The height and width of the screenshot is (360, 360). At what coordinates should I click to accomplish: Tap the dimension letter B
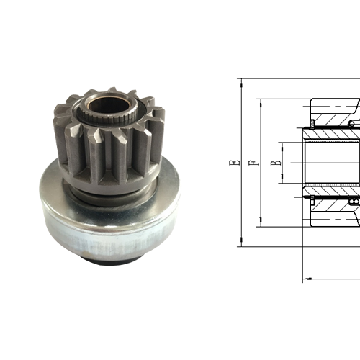(274, 163)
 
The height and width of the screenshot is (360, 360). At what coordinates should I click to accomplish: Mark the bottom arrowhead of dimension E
(240, 245)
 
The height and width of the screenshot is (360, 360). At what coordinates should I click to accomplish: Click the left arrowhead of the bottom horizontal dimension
(305, 277)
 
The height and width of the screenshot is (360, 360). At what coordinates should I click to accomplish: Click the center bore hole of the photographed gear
(112, 104)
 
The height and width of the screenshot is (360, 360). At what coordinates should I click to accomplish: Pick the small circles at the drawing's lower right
(353, 204)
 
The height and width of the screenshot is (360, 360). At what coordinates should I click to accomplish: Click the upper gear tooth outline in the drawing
(335, 108)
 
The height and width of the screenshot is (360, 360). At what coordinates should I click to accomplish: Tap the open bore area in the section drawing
(331, 163)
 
